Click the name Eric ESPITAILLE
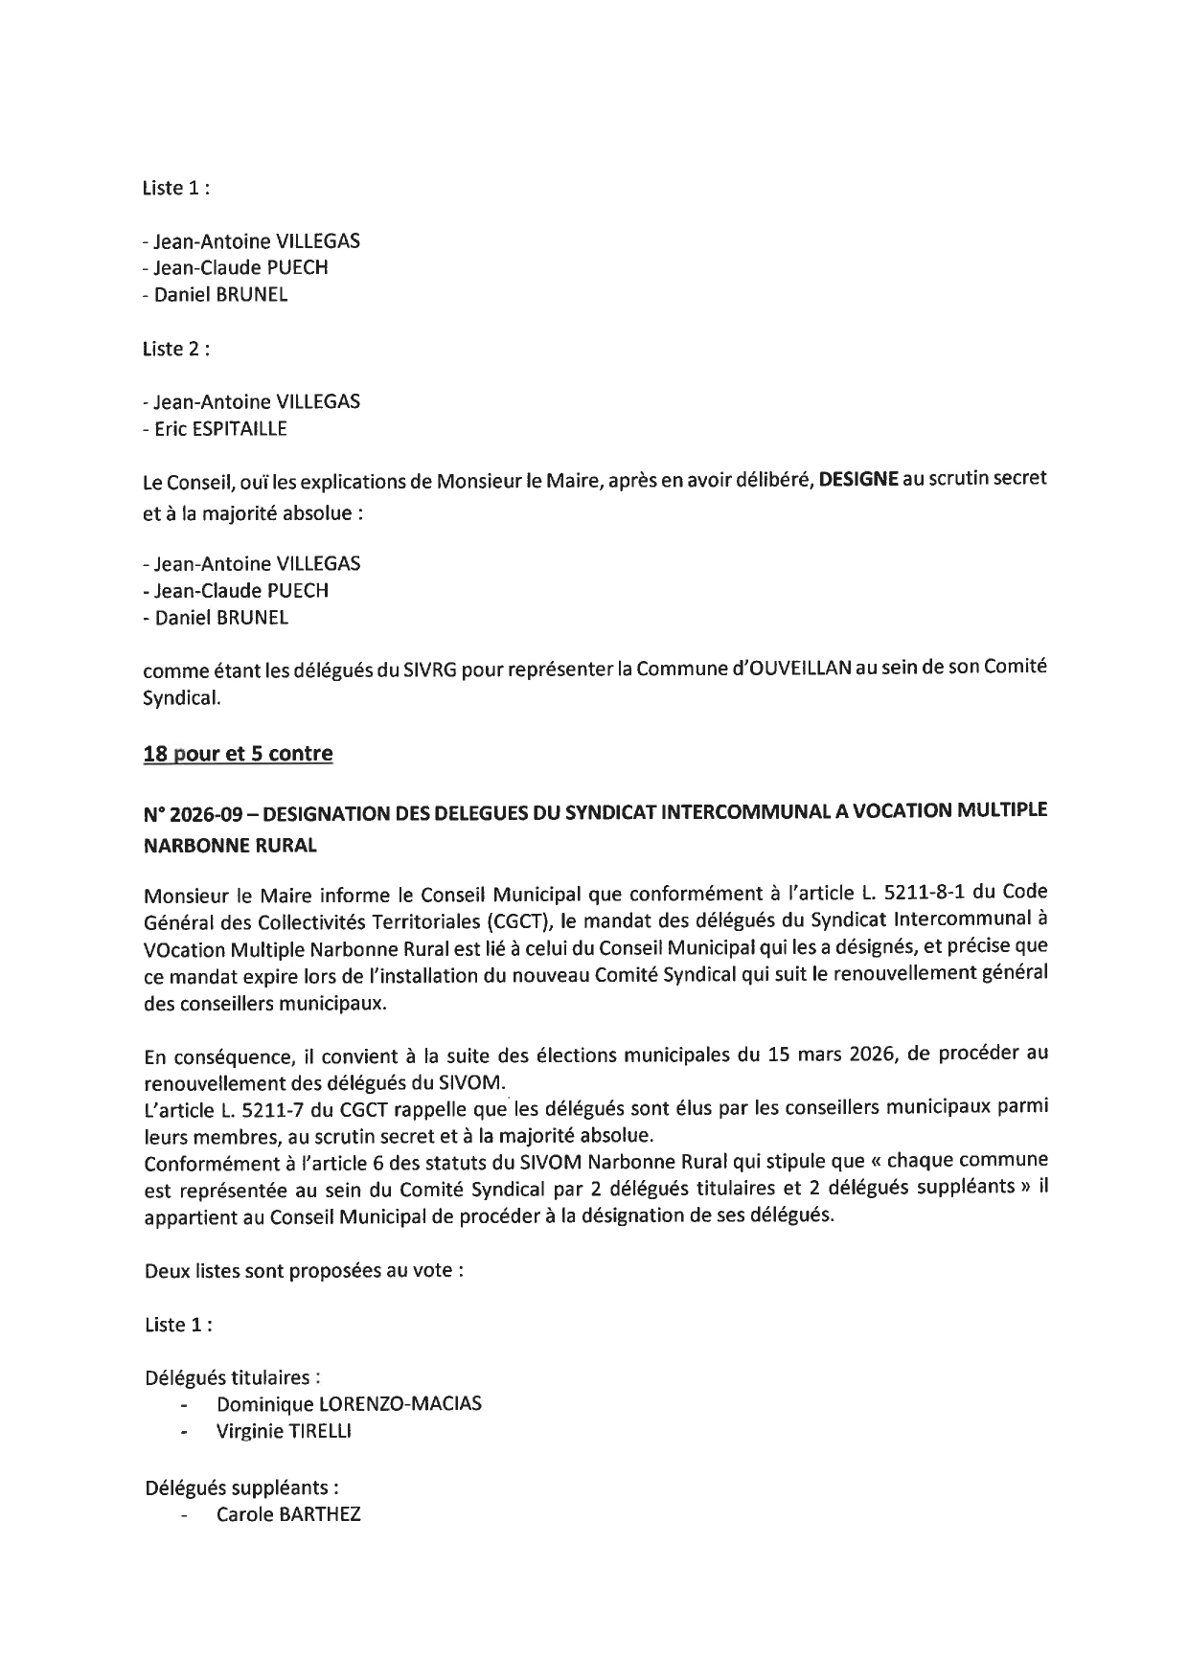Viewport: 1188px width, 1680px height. click(x=219, y=429)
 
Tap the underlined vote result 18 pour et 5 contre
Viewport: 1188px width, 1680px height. click(x=238, y=754)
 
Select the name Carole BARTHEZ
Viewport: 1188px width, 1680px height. click(x=288, y=1516)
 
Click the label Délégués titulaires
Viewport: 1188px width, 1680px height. click(x=232, y=1377)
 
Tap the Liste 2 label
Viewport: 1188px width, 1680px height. click(x=176, y=349)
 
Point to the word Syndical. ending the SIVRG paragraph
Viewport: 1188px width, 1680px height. click(x=182, y=698)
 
